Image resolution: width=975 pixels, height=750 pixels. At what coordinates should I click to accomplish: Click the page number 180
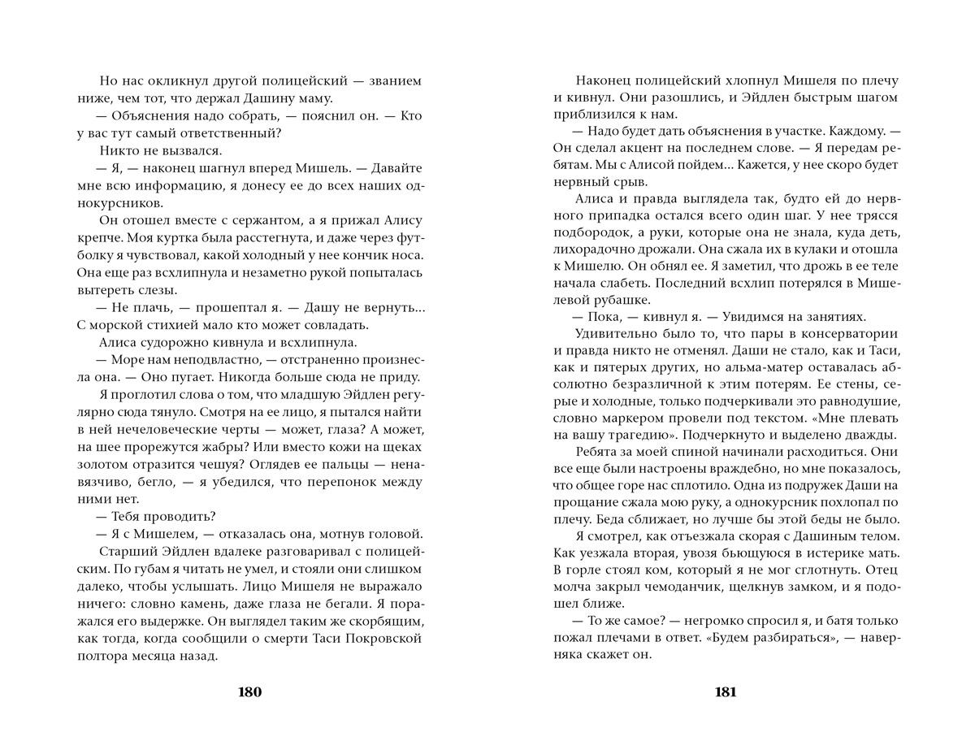point(249,692)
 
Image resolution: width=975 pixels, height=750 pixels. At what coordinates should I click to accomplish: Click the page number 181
point(725,692)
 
